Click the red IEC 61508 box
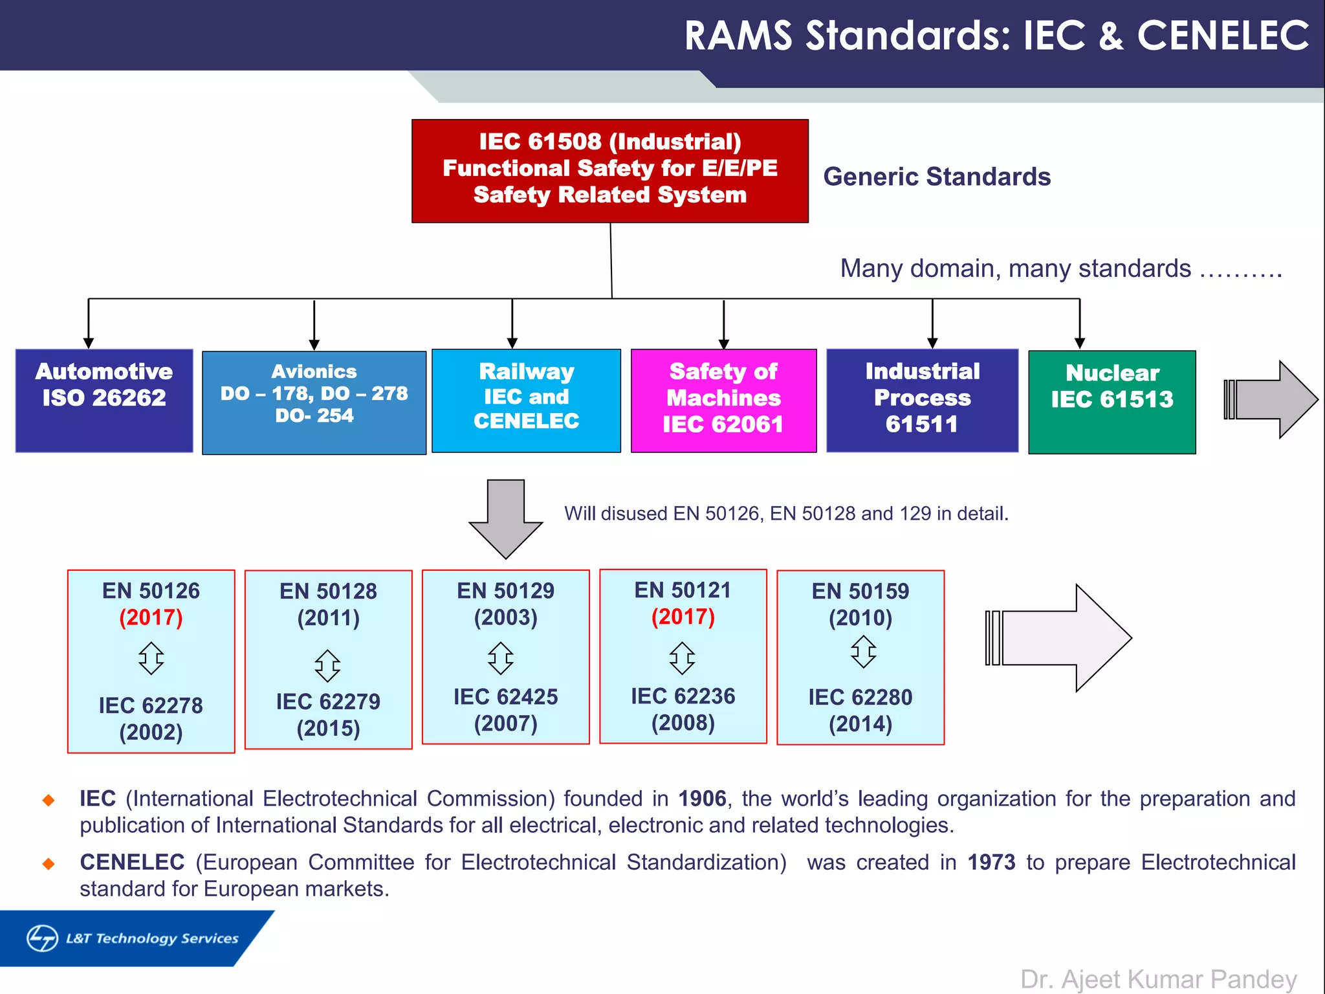pyautogui.click(x=609, y=171)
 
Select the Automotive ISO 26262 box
pyautogui.click(x=104, y=401)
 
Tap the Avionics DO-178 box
pyautogui.click(x=314, y=403)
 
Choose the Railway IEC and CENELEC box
pyautogui.click(x=526, y=401)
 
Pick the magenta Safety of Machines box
pyautogui.click(x=723, y=401)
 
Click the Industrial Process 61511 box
pyautogui.click(x=922, y=400)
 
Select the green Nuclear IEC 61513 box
pyautogui.click(x=1111, y=402)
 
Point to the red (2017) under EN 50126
pyautogui.click(x=151, y=617)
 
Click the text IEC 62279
pyautogui.click(x=328, y=701)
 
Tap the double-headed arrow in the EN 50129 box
pyautogui.click(x=501, y=658)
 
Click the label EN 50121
pyautogui.click(x=683, y=590)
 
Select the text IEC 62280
pyautogui.click(x=860, y=697)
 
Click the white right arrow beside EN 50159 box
pyautogui.click(x=1061, y=638)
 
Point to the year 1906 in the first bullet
pyautogui.click(x=702, y=799)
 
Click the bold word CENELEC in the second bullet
pyautogui.click(x=132, y=862)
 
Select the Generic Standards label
pyautogui.click(x=937, y=177)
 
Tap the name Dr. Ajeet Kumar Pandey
pyautogui.click(x=1158, y=979)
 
